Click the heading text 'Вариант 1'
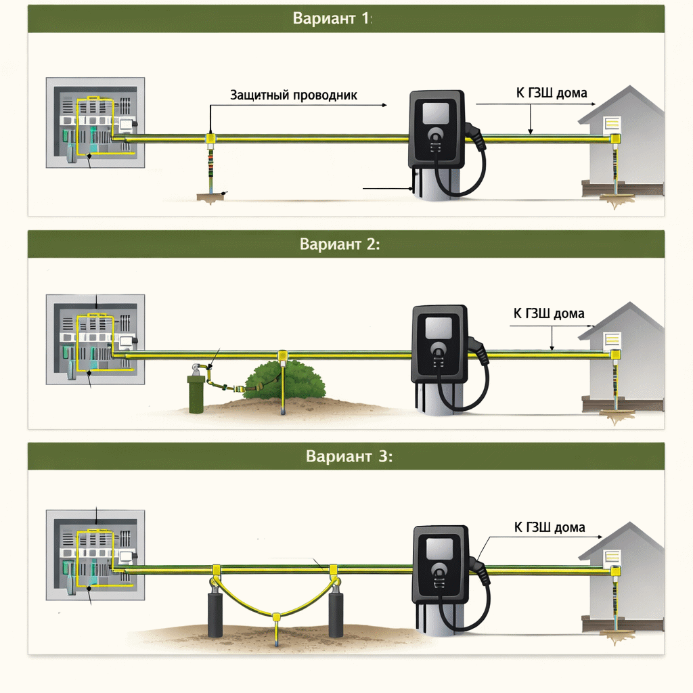click(x=332, y=18)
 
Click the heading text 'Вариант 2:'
click(x=340, y=244)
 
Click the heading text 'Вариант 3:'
click(x=349, y=456)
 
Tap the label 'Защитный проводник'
click(x=294, y=95)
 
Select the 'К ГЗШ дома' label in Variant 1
click(x=552, y=93)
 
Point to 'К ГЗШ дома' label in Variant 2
click(x=549, y=313)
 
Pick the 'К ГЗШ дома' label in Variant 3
click(x=550, y=527)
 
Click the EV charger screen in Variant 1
click(x=436, y=113)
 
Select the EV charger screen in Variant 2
click(x=439, y=328)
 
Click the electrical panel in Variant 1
click(x=95, y=123)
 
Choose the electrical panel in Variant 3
click(x=95, y=555)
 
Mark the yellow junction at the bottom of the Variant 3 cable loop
click(x=276, y=616)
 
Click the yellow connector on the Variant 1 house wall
click(x=615, y=139)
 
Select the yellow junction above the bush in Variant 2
click(x=282, y=355)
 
